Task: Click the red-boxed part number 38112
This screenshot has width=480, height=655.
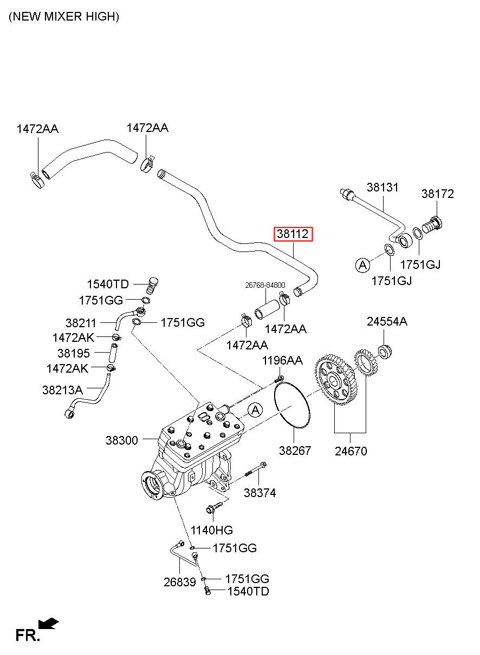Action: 293,234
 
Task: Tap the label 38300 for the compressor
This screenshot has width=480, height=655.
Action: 122,440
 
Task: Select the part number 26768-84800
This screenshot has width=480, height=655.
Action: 265,285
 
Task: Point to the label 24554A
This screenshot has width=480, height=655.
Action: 387,321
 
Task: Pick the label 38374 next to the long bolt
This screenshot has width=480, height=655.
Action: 260,493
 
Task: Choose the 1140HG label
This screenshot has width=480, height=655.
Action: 212,530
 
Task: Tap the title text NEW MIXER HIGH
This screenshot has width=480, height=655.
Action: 64,17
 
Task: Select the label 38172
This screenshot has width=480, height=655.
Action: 438,194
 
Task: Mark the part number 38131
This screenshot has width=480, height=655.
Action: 382,187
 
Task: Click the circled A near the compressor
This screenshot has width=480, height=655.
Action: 255,410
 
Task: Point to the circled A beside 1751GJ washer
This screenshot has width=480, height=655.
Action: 362,265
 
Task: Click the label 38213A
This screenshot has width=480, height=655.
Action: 63,390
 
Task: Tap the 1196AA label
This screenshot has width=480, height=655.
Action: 282,360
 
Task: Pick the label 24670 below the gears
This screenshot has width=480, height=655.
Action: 351,451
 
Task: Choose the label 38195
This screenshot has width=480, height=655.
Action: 74,353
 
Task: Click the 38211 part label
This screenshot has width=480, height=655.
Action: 81,323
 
